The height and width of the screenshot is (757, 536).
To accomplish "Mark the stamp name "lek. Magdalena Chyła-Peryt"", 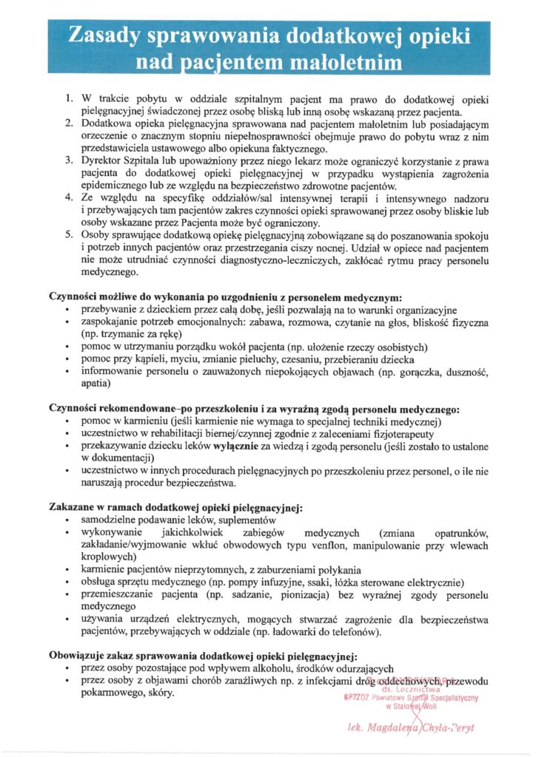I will pyautogui.click(x=410, y=727).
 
